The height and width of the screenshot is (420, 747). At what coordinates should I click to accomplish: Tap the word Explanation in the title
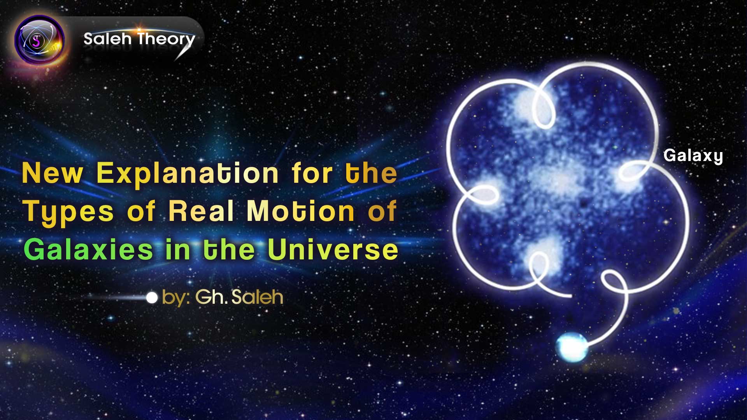pos(187,173)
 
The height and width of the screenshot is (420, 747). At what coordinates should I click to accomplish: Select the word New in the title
pos(52,173)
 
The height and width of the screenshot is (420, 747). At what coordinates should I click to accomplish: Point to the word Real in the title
pos(201,211)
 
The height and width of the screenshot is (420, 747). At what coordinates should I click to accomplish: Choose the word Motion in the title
pos(300,211)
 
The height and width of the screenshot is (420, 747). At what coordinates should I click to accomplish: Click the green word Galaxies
pos(88,250)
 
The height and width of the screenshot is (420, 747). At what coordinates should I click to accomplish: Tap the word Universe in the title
pos(333,250)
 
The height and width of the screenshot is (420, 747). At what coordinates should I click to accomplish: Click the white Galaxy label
pos(693,156)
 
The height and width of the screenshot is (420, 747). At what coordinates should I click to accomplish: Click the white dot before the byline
pos(152,298)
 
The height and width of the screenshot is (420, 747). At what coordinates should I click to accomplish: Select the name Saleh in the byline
pos(257,297)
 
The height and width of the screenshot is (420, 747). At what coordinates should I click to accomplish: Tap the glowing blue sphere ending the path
pos(571,347)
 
